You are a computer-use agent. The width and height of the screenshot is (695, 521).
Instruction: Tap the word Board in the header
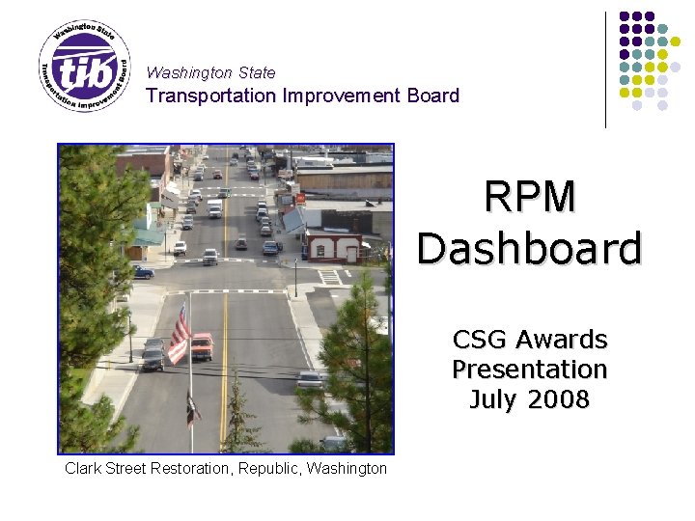433,96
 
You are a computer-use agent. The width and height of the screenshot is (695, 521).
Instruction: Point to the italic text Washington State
210,72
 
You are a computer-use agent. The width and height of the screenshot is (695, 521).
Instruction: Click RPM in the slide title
530,197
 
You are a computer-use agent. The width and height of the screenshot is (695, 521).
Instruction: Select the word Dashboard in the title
530,248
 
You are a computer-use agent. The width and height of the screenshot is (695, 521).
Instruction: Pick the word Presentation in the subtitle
530,370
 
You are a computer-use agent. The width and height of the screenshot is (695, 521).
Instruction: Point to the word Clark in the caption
83,468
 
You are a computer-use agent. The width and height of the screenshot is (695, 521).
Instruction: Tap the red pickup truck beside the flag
201,346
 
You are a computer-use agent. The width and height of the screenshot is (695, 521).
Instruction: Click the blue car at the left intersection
143,273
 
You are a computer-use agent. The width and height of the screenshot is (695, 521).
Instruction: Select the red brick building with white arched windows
332,247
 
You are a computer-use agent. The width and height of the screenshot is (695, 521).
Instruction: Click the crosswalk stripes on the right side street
330,276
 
